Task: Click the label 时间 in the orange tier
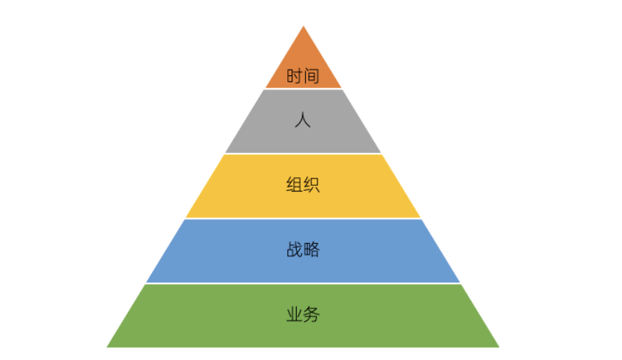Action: click(x=302, y=76)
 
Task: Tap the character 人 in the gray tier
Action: click(x=302, y=120)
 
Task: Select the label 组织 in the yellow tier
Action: click(x=302, y=185)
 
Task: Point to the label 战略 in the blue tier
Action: click(x=302, y=250)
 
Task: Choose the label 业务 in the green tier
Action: click(x=302, y=315)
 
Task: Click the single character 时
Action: click(x=295, y=76)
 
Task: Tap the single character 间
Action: click(x=311, y=76)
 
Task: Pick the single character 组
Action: click(x=294, y=185)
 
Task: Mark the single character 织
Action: click(x=311, y=185)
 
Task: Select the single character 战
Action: click(x=294, y=250)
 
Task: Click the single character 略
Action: click(x=311, y=250)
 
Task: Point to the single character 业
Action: click(x=294, y=315)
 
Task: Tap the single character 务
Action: click(x=311, y=315)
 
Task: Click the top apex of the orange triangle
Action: click(x=303, y=27)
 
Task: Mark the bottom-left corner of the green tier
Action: click(x=107, y=347)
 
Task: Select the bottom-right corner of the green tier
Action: click(x=499, y=347)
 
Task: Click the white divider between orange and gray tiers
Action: click(x=303, y=89)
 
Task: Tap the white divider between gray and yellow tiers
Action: click(x=303, y=153)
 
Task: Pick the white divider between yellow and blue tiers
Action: click(x=303, y=219)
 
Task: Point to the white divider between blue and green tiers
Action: click(x=303, y=283)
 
